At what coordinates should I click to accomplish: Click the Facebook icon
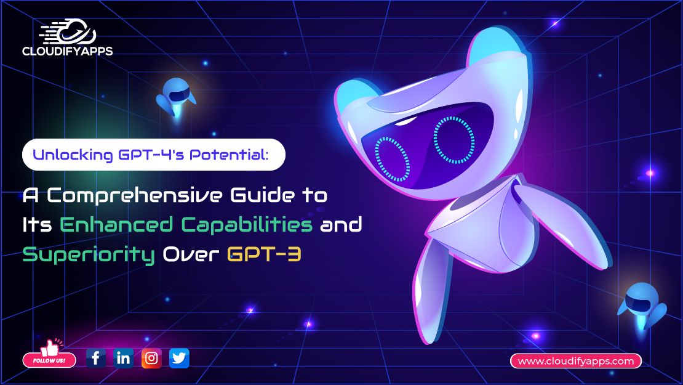[x=96, y=359]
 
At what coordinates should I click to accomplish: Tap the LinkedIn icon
[x=123, y=359]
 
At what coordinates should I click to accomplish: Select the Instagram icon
[x=151, y=359]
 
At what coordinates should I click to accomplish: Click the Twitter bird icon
[x=179, y=359]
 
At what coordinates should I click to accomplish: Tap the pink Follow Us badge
[x=49, y=360]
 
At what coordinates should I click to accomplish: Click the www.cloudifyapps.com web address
[x=576, y=361]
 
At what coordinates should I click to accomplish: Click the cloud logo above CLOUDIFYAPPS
[x=68, y=31]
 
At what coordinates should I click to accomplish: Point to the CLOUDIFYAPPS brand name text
[x=68, y=51]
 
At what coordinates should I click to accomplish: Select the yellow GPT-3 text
[x=264, y=254]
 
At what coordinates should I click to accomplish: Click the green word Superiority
[x=89, y=254]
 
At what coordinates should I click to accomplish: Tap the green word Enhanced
[x=116, y=224]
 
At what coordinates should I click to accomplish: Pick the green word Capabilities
[x=247, y=225]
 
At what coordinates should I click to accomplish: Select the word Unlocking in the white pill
[x=73, y=155]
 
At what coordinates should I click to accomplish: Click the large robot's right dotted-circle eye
[x=454, y=140]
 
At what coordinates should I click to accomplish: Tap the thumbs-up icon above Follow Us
[x=50, y=347]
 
